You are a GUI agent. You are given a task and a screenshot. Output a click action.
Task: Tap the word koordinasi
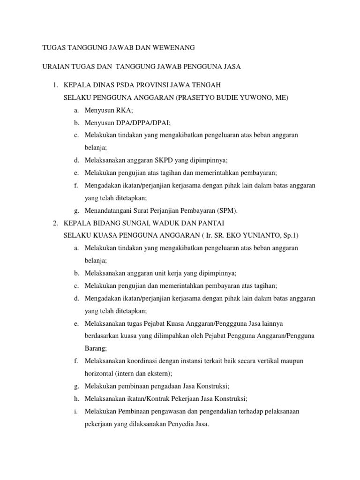(x=140, y=361)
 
